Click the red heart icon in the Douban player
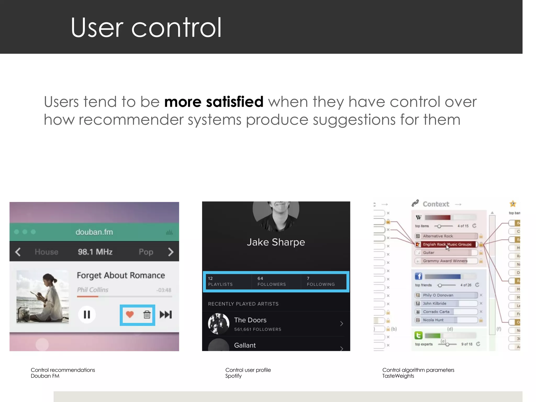130,314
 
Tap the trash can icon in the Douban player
147,314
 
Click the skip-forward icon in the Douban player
166,314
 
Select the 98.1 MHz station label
95,252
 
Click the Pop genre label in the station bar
146,252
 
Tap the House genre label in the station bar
47,252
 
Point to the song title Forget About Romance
121,275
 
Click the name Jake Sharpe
276,242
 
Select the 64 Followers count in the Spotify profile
271,281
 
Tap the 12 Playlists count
220,281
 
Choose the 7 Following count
321,281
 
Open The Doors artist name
250,320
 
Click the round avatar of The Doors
219,324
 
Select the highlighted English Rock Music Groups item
447,244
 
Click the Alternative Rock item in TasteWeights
438,236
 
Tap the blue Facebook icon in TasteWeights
418,276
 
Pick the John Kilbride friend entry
434,303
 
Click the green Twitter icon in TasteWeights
418,335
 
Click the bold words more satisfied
214,102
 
